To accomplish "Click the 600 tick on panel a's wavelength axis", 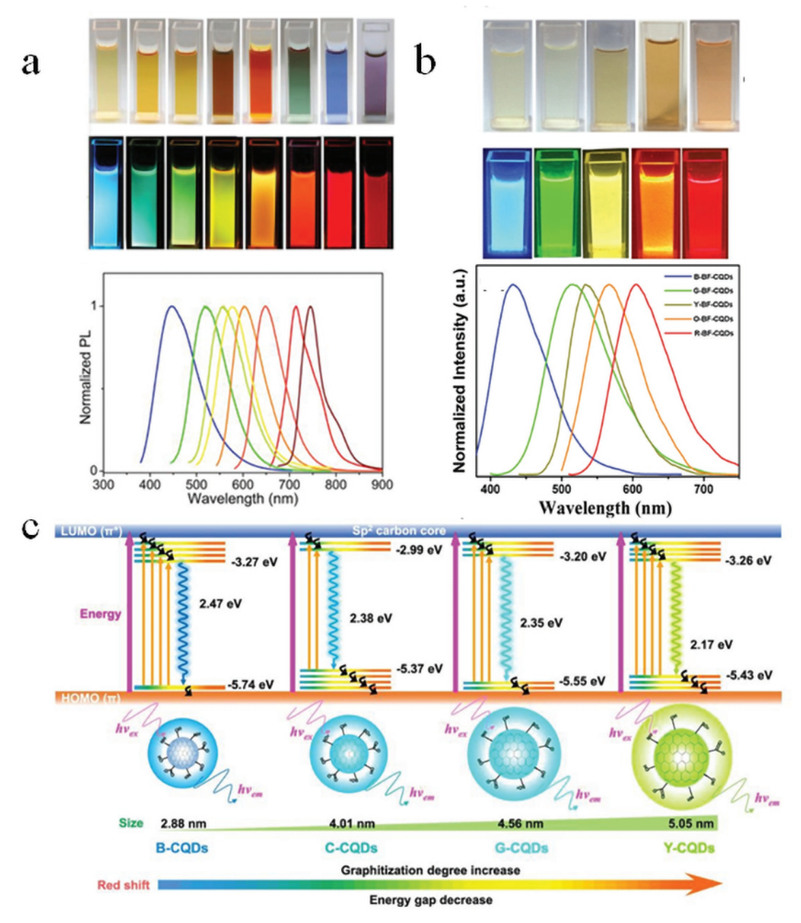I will tap(243, 485).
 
